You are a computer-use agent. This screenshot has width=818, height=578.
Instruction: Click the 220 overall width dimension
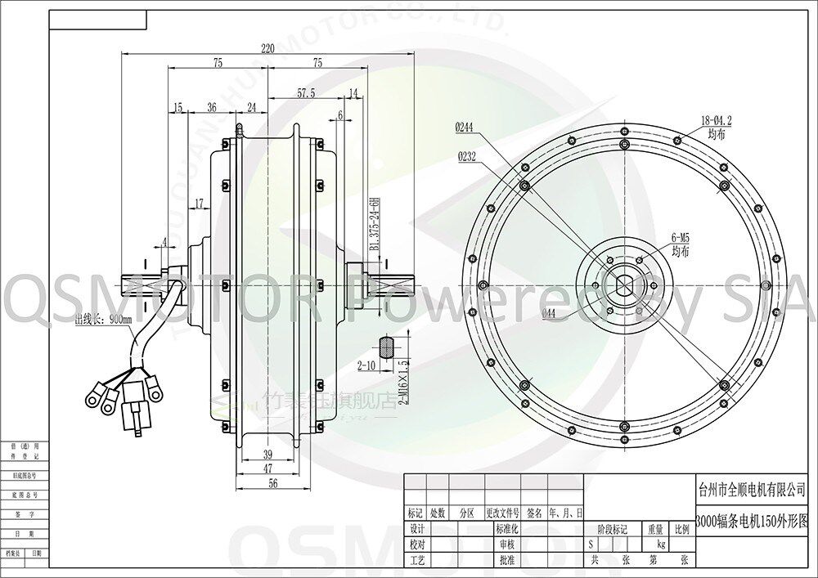267,49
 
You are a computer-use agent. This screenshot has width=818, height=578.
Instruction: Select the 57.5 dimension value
306,93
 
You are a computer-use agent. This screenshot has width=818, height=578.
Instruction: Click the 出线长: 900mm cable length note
103,320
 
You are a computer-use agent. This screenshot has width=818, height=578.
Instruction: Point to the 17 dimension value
199,204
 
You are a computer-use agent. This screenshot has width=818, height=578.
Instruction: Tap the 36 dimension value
212,108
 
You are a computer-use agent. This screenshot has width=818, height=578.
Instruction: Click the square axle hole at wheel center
625,285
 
